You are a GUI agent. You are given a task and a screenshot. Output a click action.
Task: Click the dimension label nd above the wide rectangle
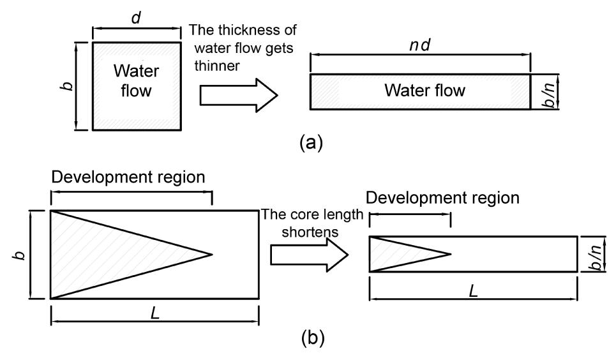[x=419, y=48]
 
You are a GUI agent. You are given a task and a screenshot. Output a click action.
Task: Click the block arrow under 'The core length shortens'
[x=309, y=255]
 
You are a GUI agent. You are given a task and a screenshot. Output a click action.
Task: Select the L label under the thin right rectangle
[x=473, y=290]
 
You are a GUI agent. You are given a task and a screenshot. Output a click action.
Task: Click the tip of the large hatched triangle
[x=211, y=254]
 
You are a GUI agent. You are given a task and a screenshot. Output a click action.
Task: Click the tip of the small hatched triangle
[x=451, y=254]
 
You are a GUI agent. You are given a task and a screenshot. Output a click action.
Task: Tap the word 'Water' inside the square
[x=137, y=71]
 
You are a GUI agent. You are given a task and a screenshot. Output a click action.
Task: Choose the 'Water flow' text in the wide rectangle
[x=424, y=91]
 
